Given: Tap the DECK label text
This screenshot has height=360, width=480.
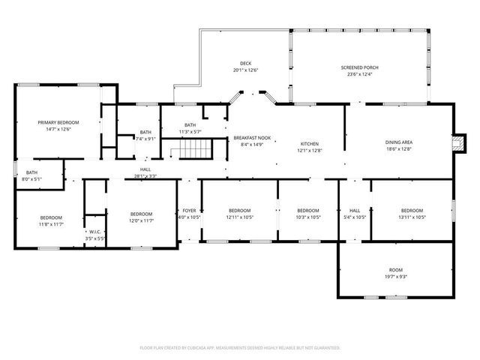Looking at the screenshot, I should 244,63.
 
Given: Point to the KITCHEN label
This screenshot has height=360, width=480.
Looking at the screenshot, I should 310,143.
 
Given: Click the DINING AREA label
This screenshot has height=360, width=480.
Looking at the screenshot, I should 399,142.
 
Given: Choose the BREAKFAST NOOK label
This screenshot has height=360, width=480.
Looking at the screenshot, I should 252,138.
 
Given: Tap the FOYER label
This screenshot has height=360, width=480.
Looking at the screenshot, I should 190,211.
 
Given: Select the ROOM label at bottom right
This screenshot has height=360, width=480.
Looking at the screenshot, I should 395,269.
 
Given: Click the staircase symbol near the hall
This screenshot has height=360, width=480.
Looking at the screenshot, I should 190,154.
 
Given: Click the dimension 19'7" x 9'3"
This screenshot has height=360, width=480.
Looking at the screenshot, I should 395,276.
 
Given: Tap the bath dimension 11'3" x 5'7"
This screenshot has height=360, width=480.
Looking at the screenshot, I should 190,132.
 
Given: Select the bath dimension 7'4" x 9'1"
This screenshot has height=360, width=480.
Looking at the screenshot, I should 145,139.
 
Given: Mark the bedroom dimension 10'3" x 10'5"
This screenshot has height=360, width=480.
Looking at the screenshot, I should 308,217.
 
